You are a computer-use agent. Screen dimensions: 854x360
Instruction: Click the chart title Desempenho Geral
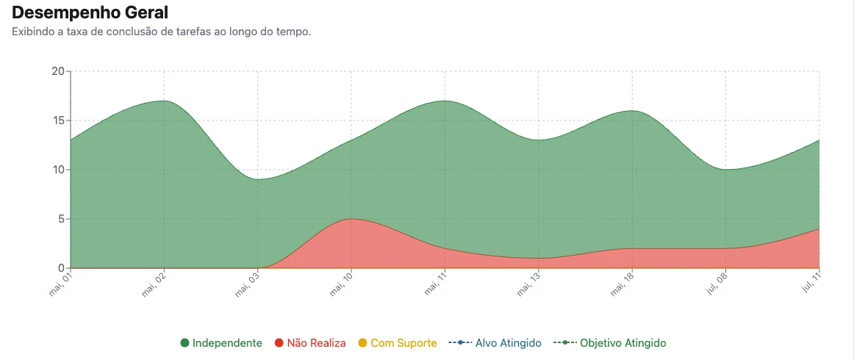[90, 12]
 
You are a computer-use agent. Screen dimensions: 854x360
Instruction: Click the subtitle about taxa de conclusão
[161, 32]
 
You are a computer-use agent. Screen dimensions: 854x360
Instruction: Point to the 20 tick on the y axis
[58, 71]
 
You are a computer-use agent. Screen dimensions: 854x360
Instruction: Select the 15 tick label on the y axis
[58, 120]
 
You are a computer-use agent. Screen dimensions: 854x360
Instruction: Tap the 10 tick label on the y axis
[58, 170]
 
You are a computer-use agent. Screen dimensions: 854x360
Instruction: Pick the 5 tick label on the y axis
[62, 219]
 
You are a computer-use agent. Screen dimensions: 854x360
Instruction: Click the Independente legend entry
[221, 343]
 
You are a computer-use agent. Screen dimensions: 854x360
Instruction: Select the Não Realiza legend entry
[310, 343]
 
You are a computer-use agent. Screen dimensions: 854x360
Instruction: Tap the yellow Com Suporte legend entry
[397, 343]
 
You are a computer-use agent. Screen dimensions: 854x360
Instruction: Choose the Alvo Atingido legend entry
[495, 343]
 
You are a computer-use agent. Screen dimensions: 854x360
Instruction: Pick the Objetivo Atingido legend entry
[609, 343]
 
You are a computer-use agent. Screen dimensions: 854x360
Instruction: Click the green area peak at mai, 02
[164, 101]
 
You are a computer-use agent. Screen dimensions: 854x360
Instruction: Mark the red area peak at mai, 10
[351, 219]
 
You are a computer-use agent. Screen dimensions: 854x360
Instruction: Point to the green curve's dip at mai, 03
[258, 180]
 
